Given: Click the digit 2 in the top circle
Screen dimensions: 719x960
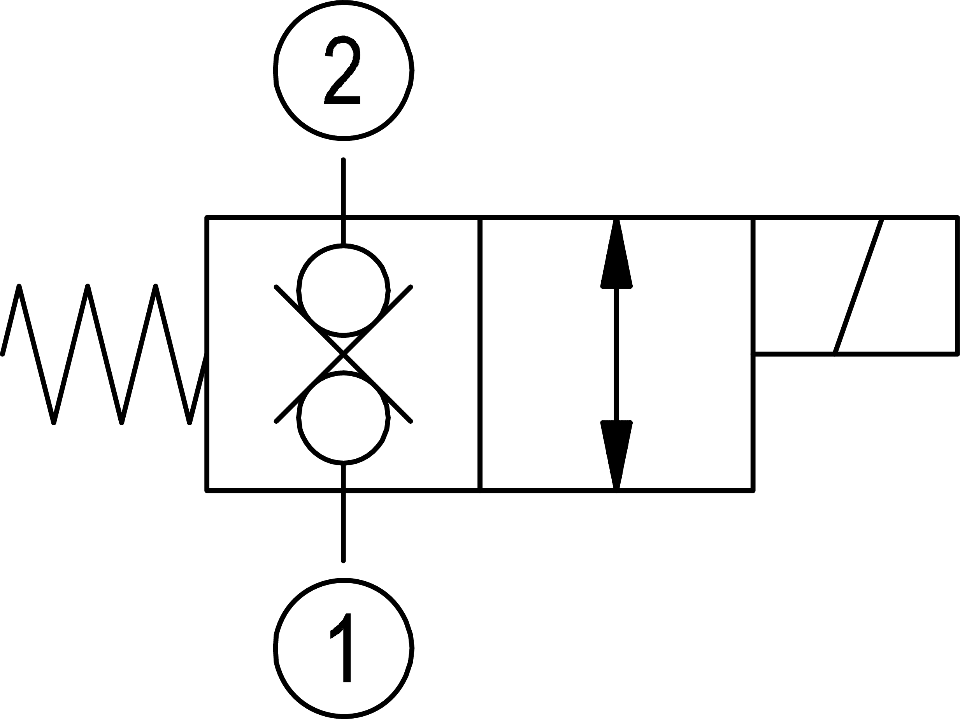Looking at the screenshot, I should tap(342, 70).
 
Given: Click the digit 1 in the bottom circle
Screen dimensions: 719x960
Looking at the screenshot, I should tap(343, 647).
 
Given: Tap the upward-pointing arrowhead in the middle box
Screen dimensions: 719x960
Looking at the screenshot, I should tap(616, 256).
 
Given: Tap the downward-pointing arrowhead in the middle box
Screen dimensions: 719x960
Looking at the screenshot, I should tap(616, 453).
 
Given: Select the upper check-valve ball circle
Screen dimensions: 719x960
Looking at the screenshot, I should tap(343, 291).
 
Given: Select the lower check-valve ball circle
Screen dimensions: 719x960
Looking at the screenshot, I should tap(343, 417).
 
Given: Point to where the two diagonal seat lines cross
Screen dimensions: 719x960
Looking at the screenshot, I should tap(343, 354).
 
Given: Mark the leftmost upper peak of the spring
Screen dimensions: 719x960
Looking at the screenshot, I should tap(19, 286).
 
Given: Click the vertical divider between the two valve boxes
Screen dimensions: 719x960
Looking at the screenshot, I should tap(479, 354).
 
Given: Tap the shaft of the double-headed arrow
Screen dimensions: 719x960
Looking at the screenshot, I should tap(616, 354).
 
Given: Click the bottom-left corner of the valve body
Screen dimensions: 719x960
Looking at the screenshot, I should tap(207, 491).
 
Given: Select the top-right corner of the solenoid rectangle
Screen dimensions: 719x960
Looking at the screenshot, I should tap(957, 218).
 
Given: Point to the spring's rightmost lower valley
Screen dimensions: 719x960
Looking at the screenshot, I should tap(189, 422).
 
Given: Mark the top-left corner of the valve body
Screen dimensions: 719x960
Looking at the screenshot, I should tap(207, 218).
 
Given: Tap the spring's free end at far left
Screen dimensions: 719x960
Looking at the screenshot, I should tap(3, 354).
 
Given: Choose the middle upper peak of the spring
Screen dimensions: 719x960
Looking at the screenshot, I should tap(88, 286).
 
